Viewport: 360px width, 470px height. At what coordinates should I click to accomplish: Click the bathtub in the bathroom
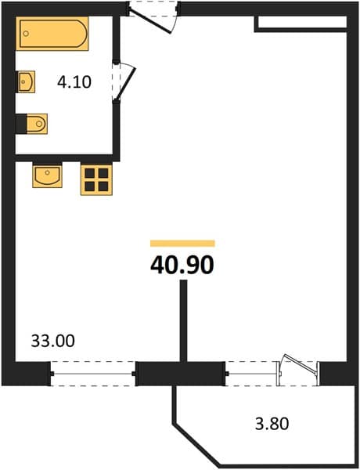pos(52,33)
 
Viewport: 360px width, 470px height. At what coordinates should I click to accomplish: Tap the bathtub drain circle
pos(26,34)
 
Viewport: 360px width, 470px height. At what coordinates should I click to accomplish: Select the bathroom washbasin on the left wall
pos(27,81)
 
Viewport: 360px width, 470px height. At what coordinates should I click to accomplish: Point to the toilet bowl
pos(37,124)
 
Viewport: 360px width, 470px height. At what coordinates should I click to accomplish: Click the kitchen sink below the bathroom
pos(47,176)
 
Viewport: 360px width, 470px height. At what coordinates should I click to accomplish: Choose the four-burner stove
pos(96,179)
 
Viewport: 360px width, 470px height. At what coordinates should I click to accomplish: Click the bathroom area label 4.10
pos(74,81)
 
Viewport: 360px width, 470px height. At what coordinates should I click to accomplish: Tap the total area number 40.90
pos(182,266)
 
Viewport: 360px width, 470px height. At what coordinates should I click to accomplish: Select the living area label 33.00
pos(53,341)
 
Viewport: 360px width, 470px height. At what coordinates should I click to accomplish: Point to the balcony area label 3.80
pos(272,424)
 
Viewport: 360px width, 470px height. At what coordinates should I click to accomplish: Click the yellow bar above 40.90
pos(182,243)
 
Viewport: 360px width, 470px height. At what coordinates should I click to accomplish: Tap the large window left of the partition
pos(93,374)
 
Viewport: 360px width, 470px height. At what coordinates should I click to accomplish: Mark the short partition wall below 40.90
pos(183,320)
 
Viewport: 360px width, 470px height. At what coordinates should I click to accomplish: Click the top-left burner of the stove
pos(89,173)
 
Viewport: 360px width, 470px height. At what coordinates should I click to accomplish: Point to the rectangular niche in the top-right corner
pos(301,23)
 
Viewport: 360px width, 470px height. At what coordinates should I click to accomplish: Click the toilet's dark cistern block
pos(21,124)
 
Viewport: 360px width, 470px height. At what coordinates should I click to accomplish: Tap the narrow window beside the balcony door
pos(251,374)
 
